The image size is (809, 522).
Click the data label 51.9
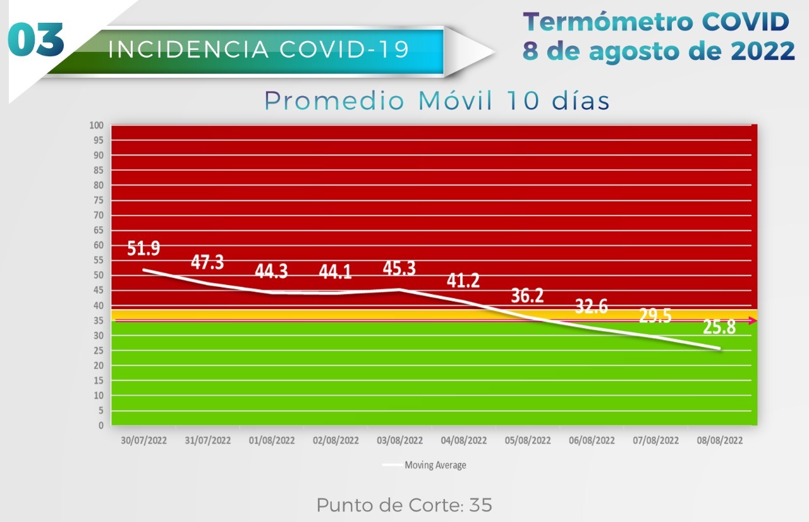143,248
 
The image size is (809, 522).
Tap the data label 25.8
719,327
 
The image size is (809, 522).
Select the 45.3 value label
399,268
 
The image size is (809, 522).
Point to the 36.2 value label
528,296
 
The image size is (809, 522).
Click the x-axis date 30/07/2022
144,440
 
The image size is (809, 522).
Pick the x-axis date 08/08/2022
719,440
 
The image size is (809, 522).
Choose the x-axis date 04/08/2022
464,440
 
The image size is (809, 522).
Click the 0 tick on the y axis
100,425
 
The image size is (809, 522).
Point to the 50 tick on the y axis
98,276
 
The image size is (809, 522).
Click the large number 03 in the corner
37,41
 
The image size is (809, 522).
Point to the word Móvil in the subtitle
456,101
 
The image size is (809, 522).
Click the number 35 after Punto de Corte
480,506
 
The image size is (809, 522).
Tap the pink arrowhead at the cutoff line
753,321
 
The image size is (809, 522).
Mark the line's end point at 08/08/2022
719,348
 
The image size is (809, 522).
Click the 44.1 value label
336,272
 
